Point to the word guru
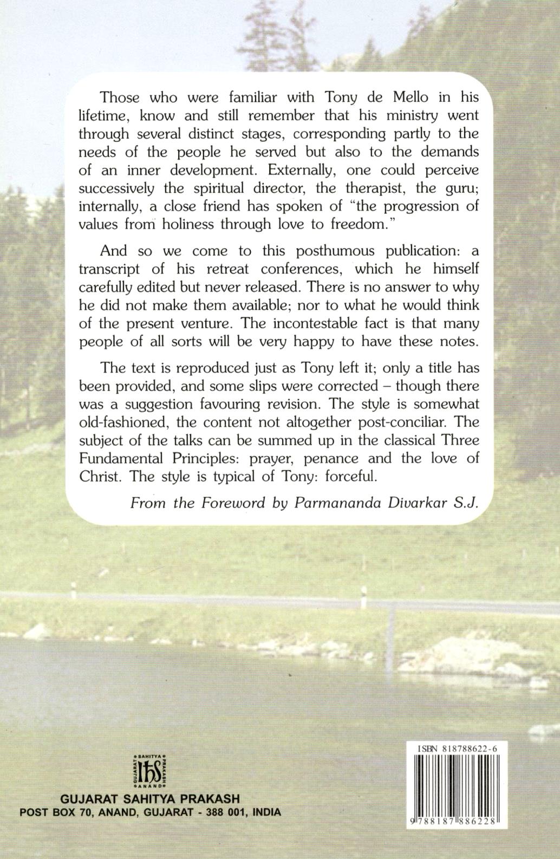[x=460, y=189]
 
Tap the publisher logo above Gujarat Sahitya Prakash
[x=148, y=770]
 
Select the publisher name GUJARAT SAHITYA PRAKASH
[x=151, y=799]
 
